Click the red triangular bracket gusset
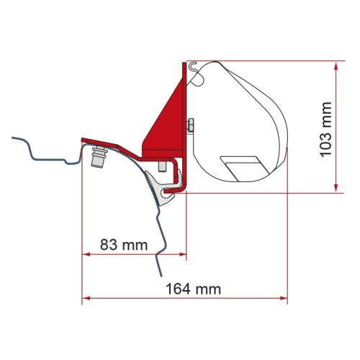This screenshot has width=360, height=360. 163,120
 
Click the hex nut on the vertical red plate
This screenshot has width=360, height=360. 189,127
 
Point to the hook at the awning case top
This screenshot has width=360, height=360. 190,66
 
